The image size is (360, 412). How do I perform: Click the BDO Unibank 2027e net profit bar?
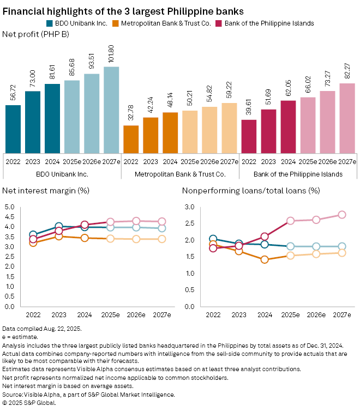click(x=111, y=110)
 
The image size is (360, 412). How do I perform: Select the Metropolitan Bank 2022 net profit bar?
click(x=131, y=140)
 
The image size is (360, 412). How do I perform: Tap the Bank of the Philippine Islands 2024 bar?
click(x=288, y=127)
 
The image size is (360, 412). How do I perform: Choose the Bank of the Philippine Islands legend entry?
click(x=267, y=23)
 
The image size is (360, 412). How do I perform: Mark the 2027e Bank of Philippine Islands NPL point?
click(x=342, y=215)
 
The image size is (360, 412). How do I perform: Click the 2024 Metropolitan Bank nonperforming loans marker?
click(x=265, y=259)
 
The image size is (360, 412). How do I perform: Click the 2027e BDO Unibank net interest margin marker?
click(x=161, y=228)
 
